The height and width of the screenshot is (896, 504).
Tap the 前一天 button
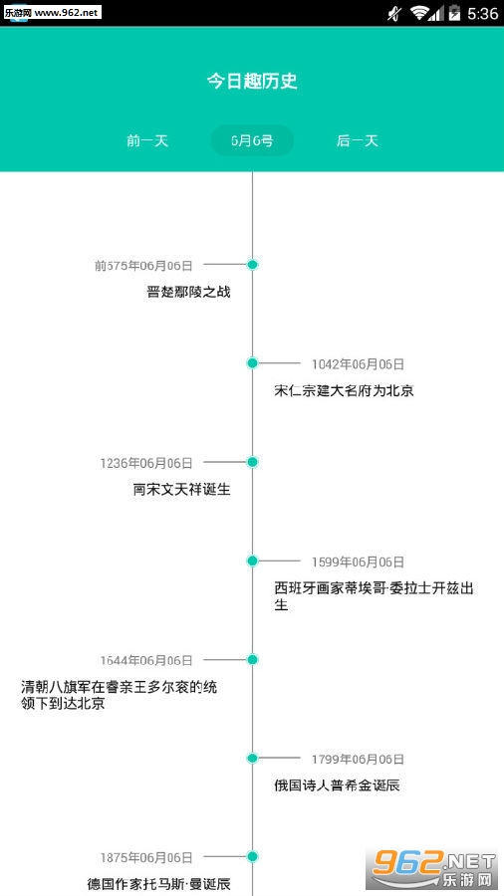[x=147, y=140]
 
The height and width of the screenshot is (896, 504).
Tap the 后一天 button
[x=358, y=140]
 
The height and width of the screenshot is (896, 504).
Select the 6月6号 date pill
[x=252, y=140]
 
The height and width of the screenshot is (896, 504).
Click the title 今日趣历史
[x=252, y=82]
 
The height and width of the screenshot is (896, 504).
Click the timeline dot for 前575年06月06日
[x=253, y=265]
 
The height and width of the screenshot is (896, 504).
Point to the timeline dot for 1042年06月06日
[x=253, y=362]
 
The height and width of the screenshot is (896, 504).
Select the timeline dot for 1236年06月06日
[x=253, y=462]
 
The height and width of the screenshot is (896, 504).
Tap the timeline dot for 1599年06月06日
[x=253, y=560]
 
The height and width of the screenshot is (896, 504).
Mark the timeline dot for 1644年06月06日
[x=253, y=659]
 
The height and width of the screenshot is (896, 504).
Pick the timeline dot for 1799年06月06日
[x=253, y=759]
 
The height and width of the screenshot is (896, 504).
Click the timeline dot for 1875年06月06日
[x=253, y=856]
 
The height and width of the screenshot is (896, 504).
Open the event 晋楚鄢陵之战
[x=188, y=292]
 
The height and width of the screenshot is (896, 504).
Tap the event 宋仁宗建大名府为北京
[x=344, y=391]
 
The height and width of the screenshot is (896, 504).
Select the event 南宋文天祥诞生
[x=181, y=490]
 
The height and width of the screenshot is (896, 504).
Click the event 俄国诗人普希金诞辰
[x=337, y=785]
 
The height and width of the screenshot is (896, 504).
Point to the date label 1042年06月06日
[x=358, y=364]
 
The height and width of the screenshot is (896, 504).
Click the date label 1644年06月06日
[x=146, y=661]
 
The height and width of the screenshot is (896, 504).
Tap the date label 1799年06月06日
[x=358, y=760]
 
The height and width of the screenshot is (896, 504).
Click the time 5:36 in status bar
[x=482, y=13]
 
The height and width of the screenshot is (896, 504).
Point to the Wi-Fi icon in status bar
[x=420, y=13]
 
